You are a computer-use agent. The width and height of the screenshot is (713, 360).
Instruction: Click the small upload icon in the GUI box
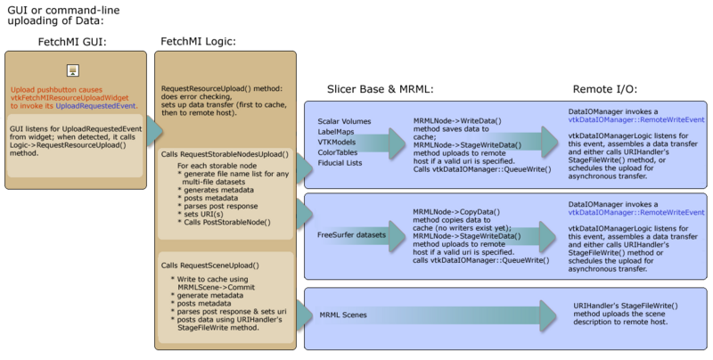74,70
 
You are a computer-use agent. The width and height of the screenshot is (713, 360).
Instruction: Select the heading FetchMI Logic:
198,41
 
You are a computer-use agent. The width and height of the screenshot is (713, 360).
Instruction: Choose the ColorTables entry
339,152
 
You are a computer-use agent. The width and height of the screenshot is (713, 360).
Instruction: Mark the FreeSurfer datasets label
352,234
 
